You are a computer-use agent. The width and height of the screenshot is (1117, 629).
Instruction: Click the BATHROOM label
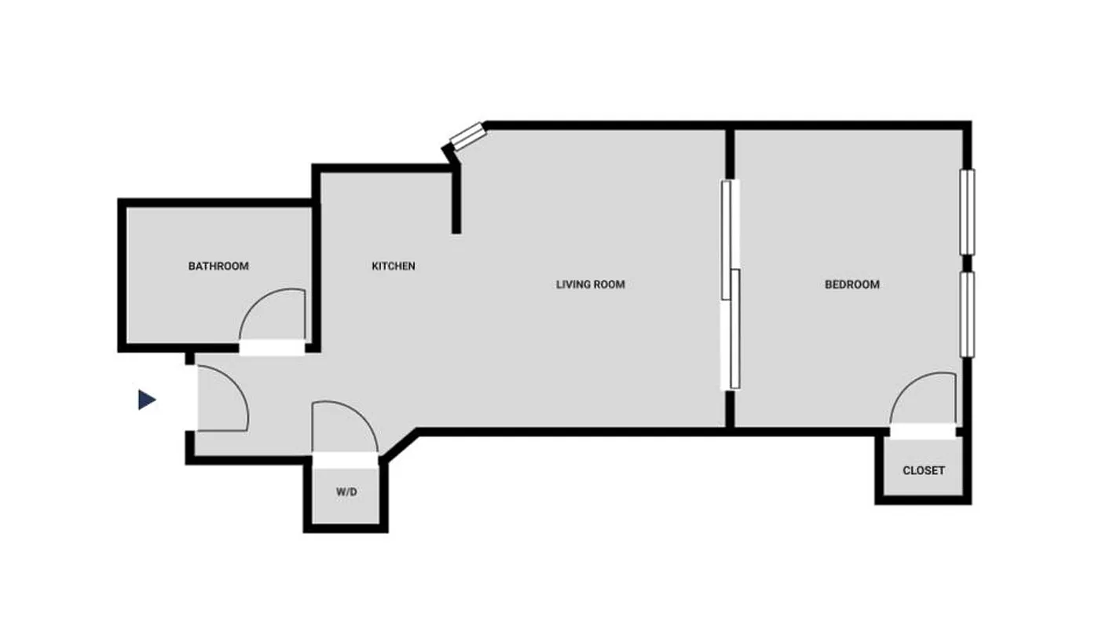click(x=218, y=267)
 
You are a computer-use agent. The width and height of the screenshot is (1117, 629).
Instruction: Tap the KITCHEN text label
click(x=394, y=267)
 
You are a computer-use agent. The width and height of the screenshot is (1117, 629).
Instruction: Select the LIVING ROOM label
click(x=591, y=285)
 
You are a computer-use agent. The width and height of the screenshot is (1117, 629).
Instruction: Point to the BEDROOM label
click(x=852, y=285)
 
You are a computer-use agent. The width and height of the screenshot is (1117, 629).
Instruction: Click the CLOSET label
click(x=924, y=471)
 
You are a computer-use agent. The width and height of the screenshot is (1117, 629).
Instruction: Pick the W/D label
click(x=346, y=492)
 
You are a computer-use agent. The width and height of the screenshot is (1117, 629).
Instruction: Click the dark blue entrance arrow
click(x=146, y=400)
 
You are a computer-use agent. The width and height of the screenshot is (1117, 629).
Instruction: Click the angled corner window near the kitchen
click(x=466, y=136)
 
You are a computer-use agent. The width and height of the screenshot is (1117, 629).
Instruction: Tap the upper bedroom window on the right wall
click(x=967, y=212)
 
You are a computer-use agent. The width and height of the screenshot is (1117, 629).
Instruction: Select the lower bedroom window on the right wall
click(x=967, y=314)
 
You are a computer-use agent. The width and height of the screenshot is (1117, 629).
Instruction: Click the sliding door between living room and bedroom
click(x=731, y=284)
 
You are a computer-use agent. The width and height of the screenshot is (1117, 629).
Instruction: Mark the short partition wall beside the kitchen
click(x=456, y=200)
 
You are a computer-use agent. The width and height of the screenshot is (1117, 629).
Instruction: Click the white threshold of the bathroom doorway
click(x=272, y=348)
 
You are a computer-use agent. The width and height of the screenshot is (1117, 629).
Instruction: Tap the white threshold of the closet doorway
click(x=923, y=432)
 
